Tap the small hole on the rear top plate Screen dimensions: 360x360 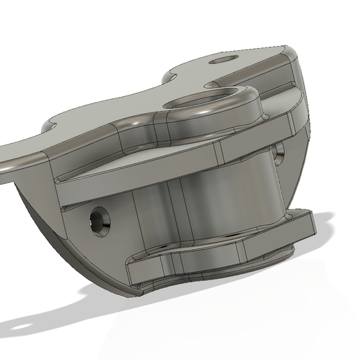[223, 60]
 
